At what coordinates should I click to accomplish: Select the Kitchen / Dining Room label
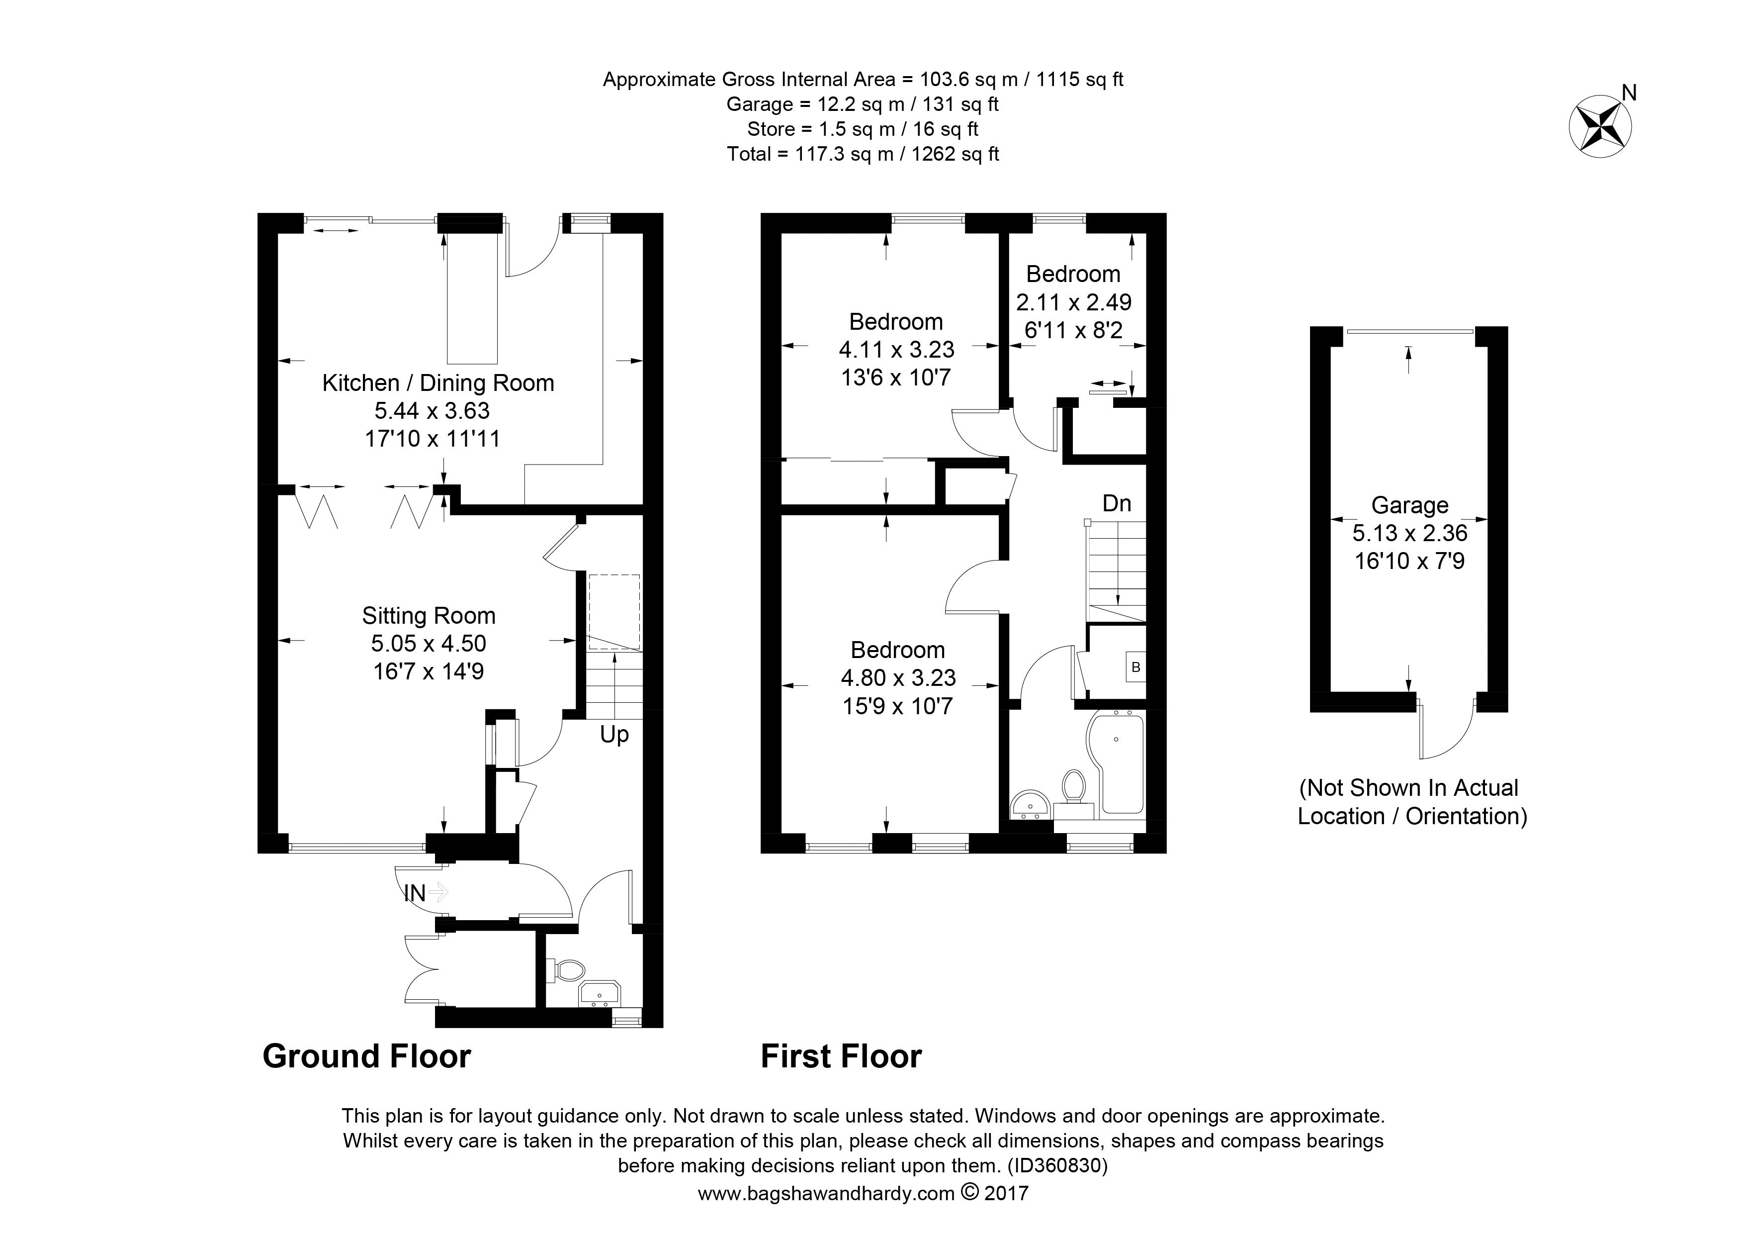[x=438, y=383]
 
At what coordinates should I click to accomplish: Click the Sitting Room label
[x=429, y=615]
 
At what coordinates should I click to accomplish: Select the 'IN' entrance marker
[x=415, y=893]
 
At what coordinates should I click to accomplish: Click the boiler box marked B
[x=1135, y=667]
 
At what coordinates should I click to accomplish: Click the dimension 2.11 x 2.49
[x=1073, y=302]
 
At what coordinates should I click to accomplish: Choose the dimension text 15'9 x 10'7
[x=897, y=706]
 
